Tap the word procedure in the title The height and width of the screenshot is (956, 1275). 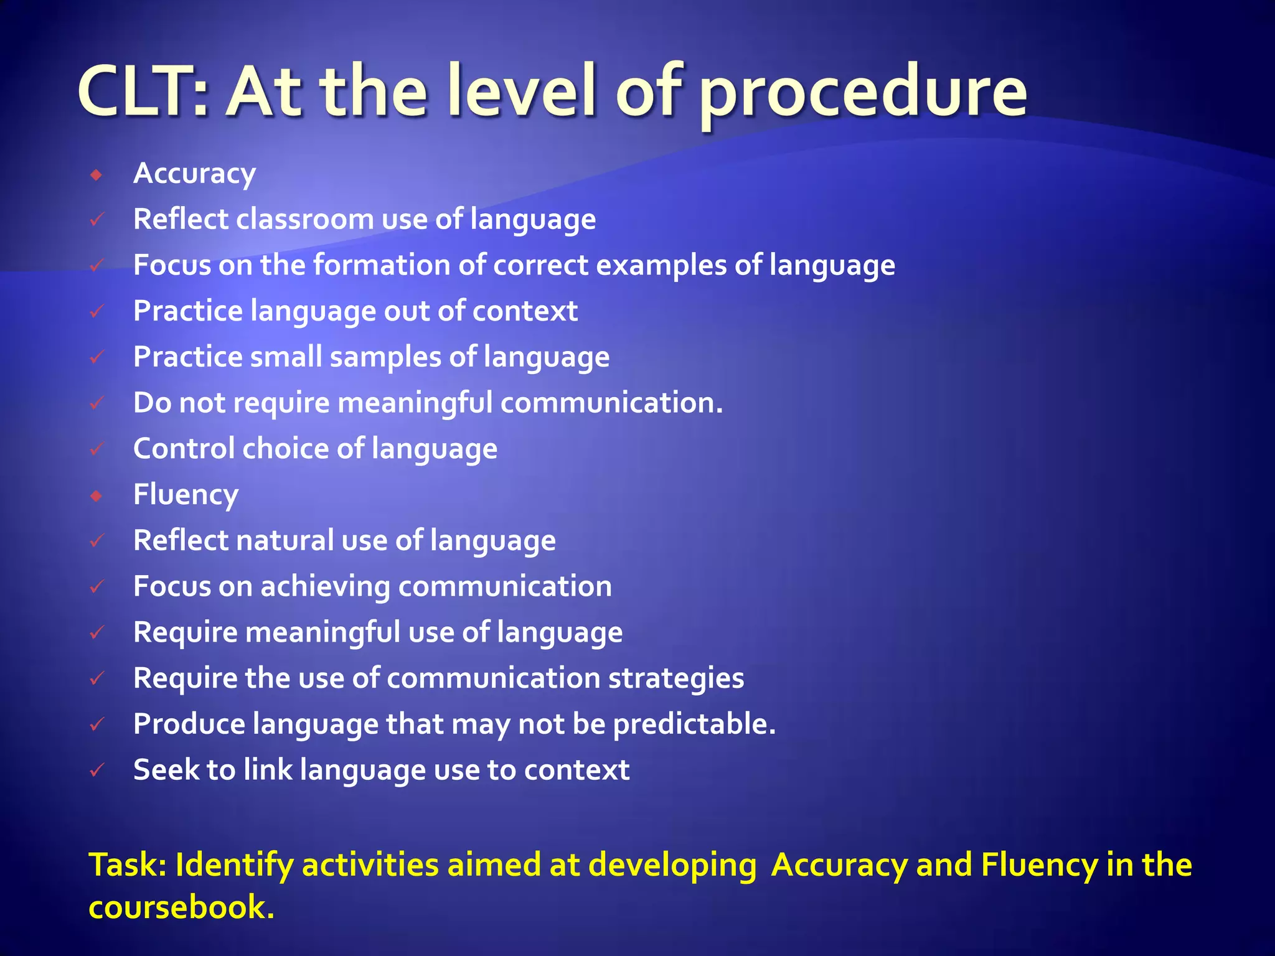pos(863,93)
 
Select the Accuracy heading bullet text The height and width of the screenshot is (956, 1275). pos(194,174)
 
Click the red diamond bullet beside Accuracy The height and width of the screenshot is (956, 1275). pos(96,175)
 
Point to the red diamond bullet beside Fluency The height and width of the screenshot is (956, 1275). pos(96,496)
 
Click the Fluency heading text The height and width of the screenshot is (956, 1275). pos(186,495)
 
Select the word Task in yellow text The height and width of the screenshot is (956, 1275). pos(126,865)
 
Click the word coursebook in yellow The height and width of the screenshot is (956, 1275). pos(180,907)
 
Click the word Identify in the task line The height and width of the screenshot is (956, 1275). pos(233,866)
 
